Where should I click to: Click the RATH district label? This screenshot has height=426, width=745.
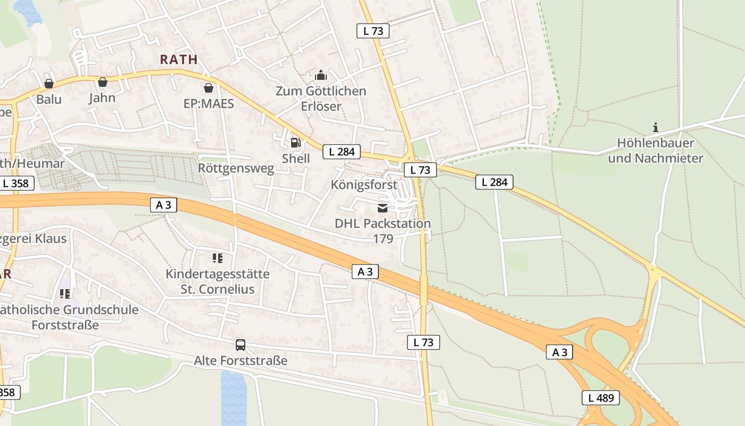(x=179, y=60)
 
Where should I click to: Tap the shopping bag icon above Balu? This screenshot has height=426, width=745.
(x=49, y=84)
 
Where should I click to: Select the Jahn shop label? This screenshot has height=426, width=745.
(x=102, y=98)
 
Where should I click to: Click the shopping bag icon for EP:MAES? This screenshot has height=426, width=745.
(x=209, y=87)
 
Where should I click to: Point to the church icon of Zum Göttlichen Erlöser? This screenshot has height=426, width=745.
(x=321, y=75)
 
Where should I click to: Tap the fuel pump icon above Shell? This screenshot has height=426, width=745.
(x=296, y=142)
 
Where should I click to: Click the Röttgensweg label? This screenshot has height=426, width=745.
(x=236, y=168)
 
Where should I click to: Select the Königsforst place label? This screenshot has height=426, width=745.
(x=364, y=185)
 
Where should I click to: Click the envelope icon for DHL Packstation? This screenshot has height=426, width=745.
(x=383, y=208)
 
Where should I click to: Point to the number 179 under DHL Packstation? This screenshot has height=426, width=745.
(x=383, y=239)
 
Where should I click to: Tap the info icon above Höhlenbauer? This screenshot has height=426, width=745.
(x=656, y=127)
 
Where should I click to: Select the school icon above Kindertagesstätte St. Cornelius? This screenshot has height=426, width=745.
(x=217, y=258)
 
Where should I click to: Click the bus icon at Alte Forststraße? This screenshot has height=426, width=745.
(x=241, y=345)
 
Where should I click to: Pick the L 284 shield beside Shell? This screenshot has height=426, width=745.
(x=342, y=152)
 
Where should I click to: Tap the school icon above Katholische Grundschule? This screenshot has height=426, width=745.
(x=65, y=293)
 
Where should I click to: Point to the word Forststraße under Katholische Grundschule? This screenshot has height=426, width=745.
(x=65, y=325)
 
